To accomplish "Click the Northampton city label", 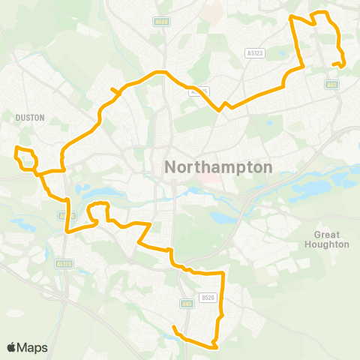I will (x=217, y=167).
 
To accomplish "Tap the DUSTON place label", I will (x=30, y=118).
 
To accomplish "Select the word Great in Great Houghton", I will (x=327, y=235).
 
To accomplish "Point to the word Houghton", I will (x=327, y=244).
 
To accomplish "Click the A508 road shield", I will (x=160, y=22).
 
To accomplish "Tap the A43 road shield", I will (x=332, y=85).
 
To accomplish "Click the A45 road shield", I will (x=185, y=282).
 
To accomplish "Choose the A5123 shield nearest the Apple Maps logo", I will (x=65, y=263).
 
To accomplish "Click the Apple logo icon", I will (x=11, y=347).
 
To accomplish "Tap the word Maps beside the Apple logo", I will (x=32, y=347).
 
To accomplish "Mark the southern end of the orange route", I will (x=173, y=327).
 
